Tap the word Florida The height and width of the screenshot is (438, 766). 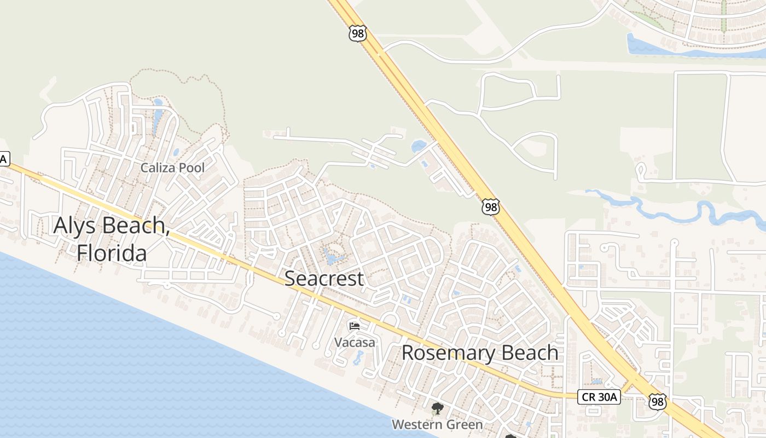click(x=112, y=253)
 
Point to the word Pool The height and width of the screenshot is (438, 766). click(x=192, y=168)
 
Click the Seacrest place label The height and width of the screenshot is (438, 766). click(x=324, y=278)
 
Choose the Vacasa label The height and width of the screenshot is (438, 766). click(x=355, y=343)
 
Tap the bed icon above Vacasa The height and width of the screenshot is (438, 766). click(x=355, y=326)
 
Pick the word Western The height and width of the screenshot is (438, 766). click(x=415, y=424)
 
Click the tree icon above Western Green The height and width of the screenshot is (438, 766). click(x=437, y=408)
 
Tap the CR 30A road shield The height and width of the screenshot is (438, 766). click(x=599, y=397)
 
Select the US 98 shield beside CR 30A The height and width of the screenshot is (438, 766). click(x=658, y=401)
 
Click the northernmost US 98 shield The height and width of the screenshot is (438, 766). click(x=357, y=33)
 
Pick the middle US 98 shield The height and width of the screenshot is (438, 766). click(x=491, y=207)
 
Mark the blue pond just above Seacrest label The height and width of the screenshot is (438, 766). click(x=332, y=256)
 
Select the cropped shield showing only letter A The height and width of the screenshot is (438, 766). click(x=4, y=159)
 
